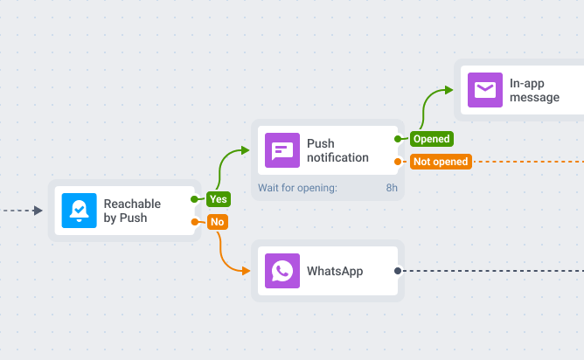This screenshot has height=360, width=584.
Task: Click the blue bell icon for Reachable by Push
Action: (x=79, y=210)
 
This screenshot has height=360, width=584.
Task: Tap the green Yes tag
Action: (x=218, y=199)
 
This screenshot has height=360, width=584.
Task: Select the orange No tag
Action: (x=217, y=222)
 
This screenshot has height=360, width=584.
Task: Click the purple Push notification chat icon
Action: (x=282, y=150)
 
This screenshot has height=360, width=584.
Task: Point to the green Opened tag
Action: (x=431, y=139)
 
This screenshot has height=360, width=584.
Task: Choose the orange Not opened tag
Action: (x=441, y=162)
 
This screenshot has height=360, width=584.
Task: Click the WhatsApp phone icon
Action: (x=282, y=271)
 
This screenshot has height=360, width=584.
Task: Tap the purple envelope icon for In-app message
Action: (x=484, y=90)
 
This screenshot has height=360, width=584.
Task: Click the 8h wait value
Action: (x=392, y=188)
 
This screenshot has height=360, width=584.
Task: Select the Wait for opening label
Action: (x=297, y=188)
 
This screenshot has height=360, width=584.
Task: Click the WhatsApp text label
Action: (x=335, y=271)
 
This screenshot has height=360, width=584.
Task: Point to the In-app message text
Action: (x=534, y=90)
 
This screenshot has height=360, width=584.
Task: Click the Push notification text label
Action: (x=337, y=150)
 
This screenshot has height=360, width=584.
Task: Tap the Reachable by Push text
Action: (x=131, y=211)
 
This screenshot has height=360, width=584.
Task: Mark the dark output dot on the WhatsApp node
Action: (x=398, y=271)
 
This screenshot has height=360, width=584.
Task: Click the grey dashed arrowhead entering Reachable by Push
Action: (x=38, y=211)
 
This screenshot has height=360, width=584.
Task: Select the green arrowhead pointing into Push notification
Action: (x=244, y=151)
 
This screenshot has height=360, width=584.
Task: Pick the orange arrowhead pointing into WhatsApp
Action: (x=244, y=271)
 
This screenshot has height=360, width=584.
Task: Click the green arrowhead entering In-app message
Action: (x=448, y=90)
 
